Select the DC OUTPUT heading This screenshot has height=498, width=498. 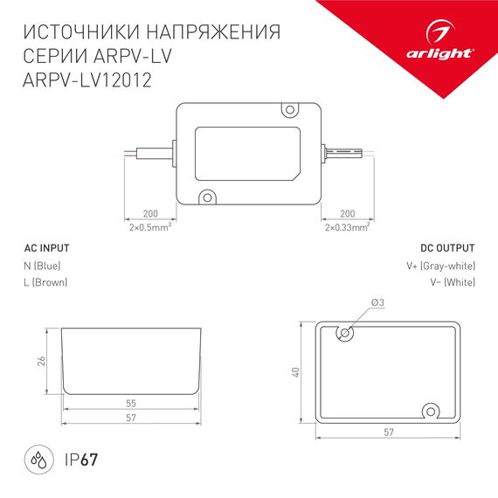(446, 247)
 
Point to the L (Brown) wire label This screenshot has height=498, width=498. (45, 282)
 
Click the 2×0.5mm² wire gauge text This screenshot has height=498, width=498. (149, 227)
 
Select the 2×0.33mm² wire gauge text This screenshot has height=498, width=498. (346, 227)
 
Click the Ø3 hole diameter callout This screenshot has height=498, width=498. (377, 302)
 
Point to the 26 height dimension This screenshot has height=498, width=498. (42, 362)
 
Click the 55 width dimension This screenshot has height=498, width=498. (132, 404)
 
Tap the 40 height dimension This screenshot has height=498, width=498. (296, 371)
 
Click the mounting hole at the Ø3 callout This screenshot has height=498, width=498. (346, 333)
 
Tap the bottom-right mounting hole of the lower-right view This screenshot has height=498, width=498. (431, 411)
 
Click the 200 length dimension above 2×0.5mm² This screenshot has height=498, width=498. (149, 214)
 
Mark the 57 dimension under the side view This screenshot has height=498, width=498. (132, 418)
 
